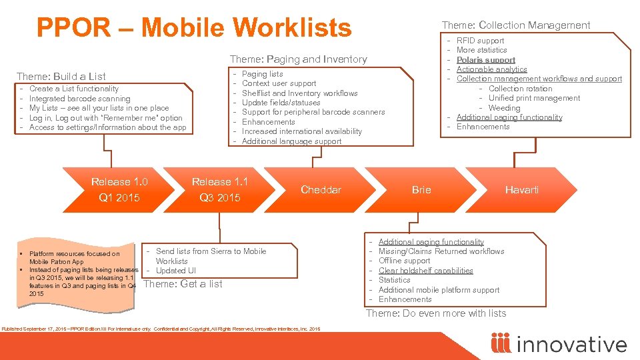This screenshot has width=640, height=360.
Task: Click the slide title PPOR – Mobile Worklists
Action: click(x=193, y=28)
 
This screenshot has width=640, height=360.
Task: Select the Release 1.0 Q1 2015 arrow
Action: click(x=119, y=189)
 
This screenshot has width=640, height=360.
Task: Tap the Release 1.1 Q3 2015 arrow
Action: click(x=220, y=189)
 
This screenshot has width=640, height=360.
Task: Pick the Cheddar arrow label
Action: click(x=321, y=190)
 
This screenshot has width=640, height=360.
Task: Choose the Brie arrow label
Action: click(x=421, y=190)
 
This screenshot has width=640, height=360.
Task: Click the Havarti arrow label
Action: click(x=522, y=190)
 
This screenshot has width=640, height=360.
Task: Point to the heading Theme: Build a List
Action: click(x=61, y=76)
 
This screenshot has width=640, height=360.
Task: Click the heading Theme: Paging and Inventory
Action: click(x=298, y=59)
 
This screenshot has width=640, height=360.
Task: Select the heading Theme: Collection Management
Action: click(x=516, y=25)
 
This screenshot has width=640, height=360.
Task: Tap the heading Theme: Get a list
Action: click(x=183, y=284)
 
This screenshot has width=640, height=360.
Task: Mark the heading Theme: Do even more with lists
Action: click(x=436, y=313)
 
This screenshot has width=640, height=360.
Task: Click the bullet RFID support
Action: click(x=480, y=41)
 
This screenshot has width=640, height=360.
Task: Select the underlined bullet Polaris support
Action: click(x=485, y=60)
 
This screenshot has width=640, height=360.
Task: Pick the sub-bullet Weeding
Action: click(x=504, y=108)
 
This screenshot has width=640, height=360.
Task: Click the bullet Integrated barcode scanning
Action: click(x=79, y=99)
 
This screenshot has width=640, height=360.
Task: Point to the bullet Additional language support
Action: click(x=291, y=141)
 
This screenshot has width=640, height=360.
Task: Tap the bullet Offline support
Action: click(x=404, y=261)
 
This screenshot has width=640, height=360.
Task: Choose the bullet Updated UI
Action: click(x=176, y=271)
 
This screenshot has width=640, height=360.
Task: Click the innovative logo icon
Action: click(x=500, y=343)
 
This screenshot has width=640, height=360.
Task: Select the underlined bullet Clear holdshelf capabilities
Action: click(x=425, y=271)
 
